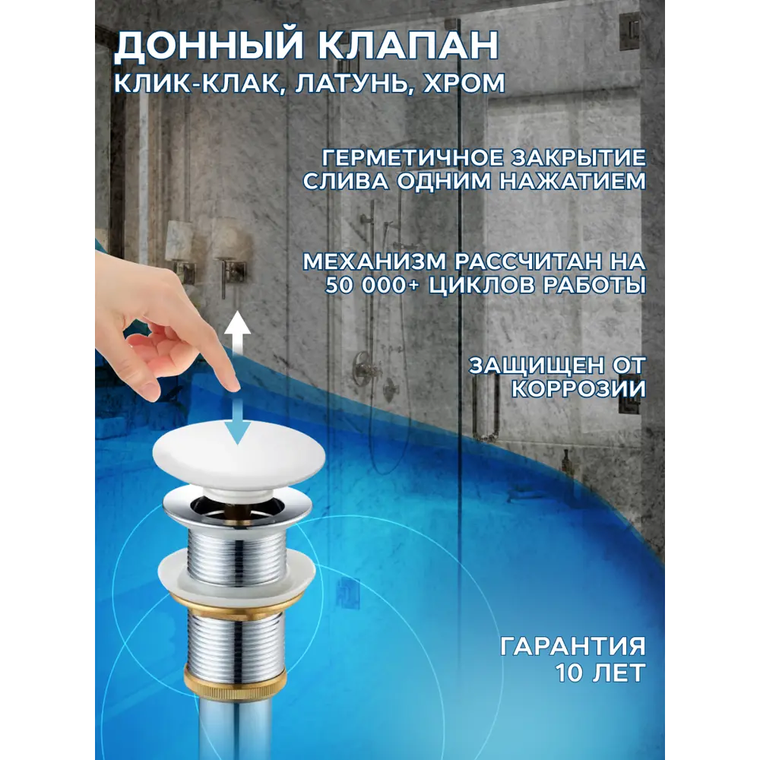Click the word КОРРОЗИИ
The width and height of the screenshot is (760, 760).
click(578, 388)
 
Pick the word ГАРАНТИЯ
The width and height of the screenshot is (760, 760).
click(573, 647)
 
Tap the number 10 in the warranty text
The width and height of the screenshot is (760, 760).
click(572, 673)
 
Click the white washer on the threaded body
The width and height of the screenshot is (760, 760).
click(236, 572)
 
